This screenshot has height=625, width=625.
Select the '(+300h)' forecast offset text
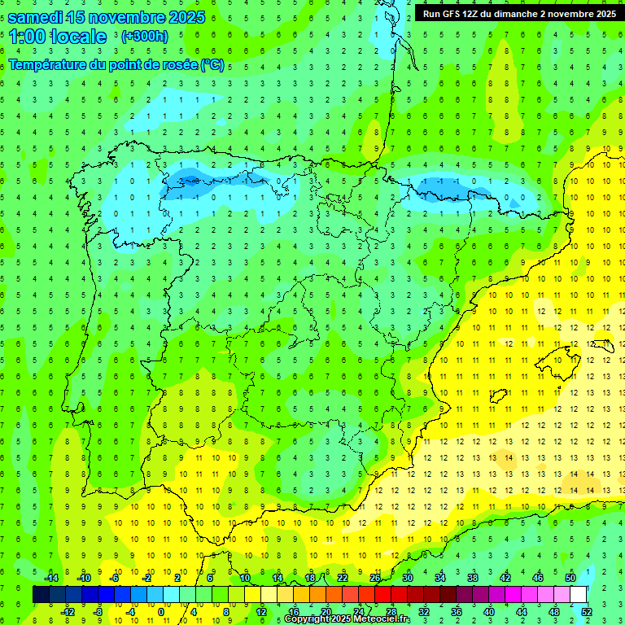[x=144, y=37]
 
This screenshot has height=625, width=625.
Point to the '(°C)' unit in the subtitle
[x=212, y=65]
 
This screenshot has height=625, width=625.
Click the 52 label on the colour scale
[x=588, y=611]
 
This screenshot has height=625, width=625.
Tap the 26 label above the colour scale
[x=375, y=578]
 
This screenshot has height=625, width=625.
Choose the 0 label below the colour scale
[x=161, y=611]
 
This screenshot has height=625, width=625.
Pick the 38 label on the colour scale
[x=472, y=578]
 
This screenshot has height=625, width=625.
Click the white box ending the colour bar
[x=579, y=594]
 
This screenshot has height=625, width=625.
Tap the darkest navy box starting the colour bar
[x=41, y=594]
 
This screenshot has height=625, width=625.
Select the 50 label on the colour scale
[x=570, y=578]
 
